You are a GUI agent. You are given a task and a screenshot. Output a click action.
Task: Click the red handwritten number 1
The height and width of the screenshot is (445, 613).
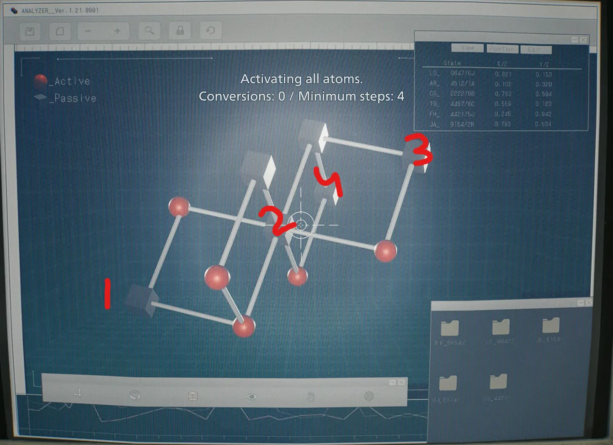click(107, 294)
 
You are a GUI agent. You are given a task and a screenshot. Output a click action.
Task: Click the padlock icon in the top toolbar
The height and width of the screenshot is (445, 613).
click(180, 31)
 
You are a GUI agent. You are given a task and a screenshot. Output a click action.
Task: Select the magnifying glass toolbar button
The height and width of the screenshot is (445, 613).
click(149, 31)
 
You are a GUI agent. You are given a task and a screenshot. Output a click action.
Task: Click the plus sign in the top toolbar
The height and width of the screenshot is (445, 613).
click(117, 31)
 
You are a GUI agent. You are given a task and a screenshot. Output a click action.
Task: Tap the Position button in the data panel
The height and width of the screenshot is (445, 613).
click(501, 48)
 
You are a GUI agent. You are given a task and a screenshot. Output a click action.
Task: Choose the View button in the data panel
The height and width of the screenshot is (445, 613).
click(467, 48)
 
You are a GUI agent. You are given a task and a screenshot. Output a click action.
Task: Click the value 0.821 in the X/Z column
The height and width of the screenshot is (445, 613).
click(503, 74)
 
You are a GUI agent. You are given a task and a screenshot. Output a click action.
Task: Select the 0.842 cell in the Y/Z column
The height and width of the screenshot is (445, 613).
click(543, 114)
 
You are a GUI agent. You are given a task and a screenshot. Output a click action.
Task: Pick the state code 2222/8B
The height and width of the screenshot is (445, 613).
click(462, 94)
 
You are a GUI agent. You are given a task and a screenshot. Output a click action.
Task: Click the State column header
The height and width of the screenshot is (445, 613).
click(452, 63)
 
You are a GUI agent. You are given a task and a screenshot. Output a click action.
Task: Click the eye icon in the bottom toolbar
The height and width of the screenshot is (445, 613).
click(251, 396)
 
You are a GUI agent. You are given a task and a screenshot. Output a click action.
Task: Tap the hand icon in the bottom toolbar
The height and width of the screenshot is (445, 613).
click(310, 396)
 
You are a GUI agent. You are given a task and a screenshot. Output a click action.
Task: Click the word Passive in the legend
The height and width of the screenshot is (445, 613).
click(75, 98)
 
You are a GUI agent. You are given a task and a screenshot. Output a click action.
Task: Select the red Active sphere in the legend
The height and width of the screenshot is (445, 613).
click(41, 81)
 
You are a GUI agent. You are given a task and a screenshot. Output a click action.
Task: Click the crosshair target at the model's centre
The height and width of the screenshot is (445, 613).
click(301, 225)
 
